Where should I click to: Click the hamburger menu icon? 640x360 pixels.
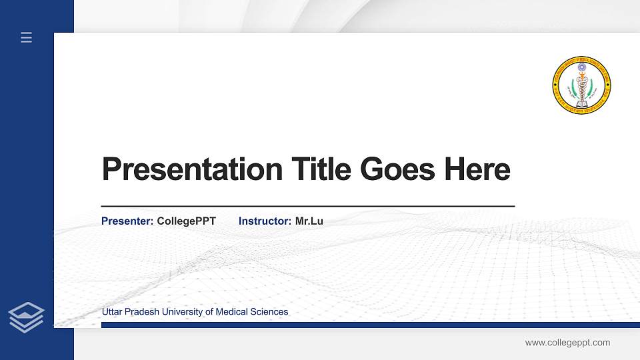(x=27, y=38)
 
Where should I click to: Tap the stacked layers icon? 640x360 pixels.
(x=27, y=317)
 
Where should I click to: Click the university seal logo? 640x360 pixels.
(x=581, y=85)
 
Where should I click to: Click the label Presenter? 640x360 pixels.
(x=127, y=221)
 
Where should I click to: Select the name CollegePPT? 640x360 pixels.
(x=186, y=221)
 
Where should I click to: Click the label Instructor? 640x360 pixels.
(x=265, y=221)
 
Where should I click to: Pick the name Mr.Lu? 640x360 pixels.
(x=309, y=221)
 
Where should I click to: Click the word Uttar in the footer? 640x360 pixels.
(x=113, y=312)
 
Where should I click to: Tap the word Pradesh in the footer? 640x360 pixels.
(x=142, y=312)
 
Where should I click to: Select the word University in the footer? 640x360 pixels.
(x=183, y=312)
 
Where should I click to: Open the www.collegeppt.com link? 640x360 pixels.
(x=567, y=343)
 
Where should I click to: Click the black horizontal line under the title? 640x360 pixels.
(x=307, y=207)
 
